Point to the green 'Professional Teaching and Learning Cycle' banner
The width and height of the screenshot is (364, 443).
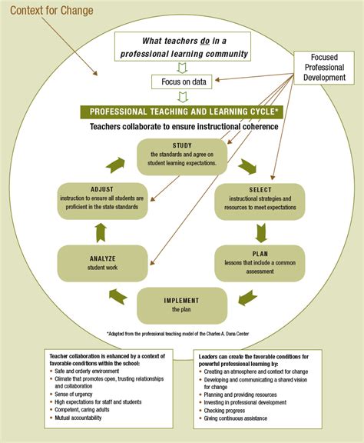[181, 112]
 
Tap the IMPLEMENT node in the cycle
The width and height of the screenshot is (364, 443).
[181, 305]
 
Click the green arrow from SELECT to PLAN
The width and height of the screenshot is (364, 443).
[262, 231]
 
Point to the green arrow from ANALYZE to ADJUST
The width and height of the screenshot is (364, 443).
[101, 231]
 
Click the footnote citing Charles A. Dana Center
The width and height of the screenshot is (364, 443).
[181, 334]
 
